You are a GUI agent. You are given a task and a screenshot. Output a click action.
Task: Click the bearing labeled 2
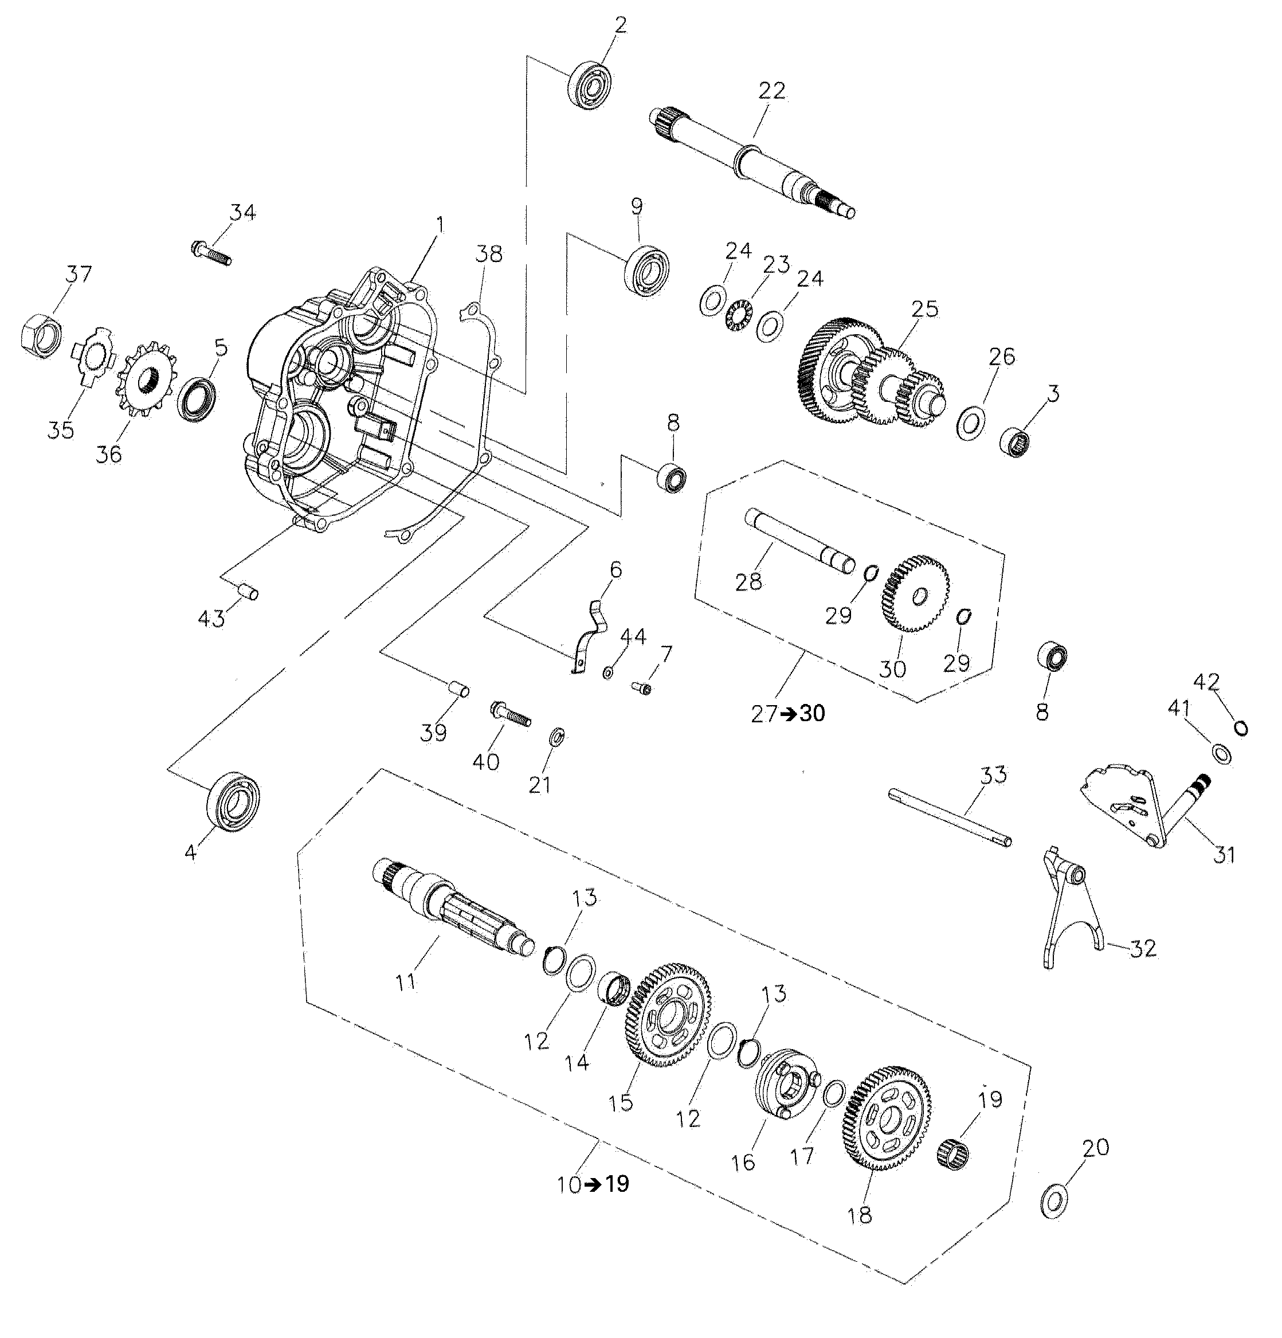click(x=591, y=85)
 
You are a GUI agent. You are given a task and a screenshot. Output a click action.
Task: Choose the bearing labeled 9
click(x=646, y=272)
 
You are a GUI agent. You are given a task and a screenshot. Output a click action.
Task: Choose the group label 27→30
click(x=787, y=713)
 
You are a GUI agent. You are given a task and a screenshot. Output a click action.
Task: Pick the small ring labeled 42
click(x=1242, y=729)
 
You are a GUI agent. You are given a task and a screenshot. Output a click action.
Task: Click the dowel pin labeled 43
click(x=248, y=590)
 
